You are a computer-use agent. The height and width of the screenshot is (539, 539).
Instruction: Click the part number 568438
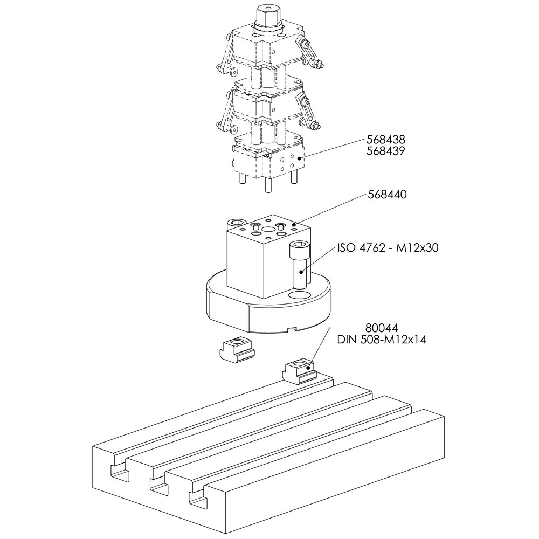coord(386,139)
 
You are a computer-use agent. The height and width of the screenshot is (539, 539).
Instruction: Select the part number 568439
coord(386,150)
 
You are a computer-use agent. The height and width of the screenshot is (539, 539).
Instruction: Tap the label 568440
coord(387,194)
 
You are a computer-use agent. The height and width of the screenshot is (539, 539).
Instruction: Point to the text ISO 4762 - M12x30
coord(388,247)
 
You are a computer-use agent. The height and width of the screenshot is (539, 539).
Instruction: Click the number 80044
coord(382,328)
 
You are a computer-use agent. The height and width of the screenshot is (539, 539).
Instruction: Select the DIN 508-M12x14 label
coord(382,340)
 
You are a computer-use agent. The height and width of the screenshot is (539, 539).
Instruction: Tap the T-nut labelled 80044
coord(299,371)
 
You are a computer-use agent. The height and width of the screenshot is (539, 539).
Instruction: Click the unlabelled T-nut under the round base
coord(237,353)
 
